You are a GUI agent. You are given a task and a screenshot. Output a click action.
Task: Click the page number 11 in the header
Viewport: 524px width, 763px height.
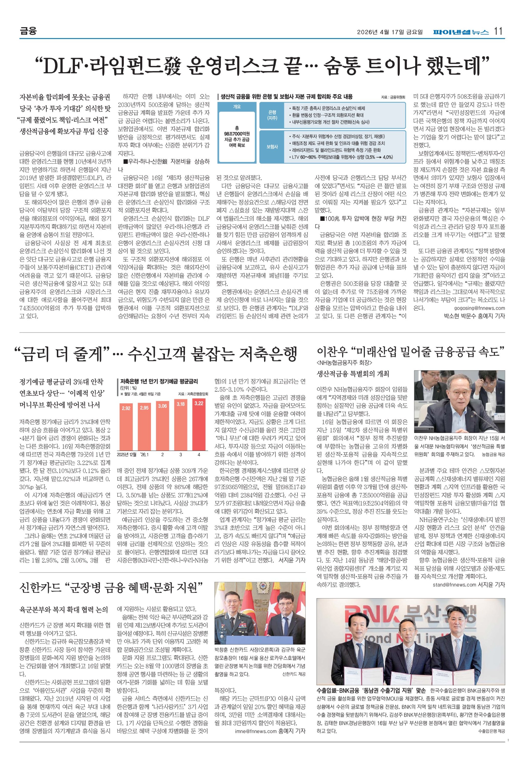[498, 31]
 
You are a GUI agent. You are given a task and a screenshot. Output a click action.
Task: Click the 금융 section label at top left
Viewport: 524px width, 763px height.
[28, 31]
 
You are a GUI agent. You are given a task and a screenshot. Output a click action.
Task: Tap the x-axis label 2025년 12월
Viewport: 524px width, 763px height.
[126, 455]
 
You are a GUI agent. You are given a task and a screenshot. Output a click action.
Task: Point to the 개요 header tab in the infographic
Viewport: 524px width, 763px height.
[237, 107]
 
